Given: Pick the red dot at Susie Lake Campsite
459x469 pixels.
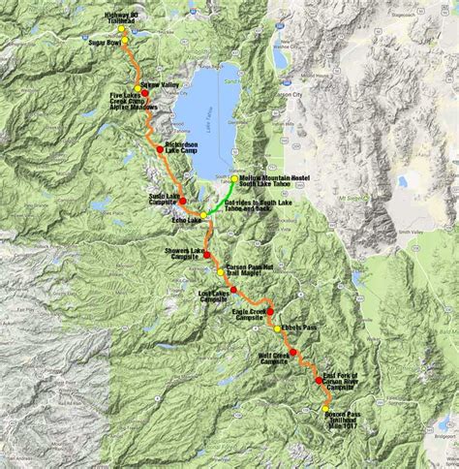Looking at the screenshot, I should (183, 201).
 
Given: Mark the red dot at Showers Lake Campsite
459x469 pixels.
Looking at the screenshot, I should (206, 254).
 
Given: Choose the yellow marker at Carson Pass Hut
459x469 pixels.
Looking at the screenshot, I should (222, 272).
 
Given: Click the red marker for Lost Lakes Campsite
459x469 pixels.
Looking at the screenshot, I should (233, 290).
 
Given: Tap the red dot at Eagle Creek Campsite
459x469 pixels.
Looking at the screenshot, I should (270, 311).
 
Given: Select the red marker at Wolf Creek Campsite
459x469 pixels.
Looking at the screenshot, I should (291, 352).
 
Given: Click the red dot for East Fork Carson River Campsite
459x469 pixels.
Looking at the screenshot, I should (320, 382).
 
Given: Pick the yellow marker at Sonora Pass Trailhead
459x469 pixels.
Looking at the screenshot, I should (326, 410).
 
